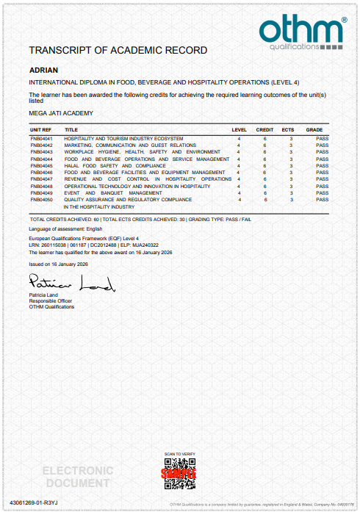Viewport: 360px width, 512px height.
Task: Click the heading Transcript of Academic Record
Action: [118, 51]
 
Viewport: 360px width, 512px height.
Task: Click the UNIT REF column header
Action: [40, 129]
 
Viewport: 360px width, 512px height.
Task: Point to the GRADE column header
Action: [314, 129]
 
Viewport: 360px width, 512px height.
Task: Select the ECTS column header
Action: [292, 129]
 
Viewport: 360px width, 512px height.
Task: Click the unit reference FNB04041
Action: [41, 138]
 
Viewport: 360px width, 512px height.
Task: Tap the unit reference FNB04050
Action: [41, 199]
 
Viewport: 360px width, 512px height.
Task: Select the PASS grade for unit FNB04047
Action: [322, 179]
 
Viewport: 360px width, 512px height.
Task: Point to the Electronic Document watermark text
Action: [77, 477]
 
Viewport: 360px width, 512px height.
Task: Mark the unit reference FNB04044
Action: [41, 159]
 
